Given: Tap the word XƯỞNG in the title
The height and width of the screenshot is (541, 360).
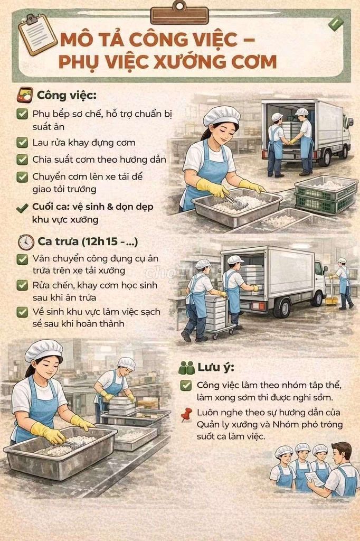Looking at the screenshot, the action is pos(191,61).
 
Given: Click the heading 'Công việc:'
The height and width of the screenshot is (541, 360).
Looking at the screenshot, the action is pos(67,95).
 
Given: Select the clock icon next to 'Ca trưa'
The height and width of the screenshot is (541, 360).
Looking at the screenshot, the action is pos(26,242).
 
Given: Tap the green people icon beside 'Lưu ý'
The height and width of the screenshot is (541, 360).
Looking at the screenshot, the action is pos(187,368).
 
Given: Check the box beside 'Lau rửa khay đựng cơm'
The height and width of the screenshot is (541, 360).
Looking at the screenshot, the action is pos(22,143).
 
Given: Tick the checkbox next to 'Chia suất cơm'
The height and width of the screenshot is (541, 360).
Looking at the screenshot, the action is pos(22,160).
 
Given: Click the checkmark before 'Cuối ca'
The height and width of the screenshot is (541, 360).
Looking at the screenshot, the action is pos(22,208).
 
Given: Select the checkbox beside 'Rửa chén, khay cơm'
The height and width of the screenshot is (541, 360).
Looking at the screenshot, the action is pos(22,285).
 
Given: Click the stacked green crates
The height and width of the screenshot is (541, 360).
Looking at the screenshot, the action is pos(326,194).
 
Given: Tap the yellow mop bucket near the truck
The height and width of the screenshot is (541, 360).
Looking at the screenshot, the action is pos(331,301).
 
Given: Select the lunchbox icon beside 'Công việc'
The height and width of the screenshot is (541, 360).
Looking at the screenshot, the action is pos(25,95).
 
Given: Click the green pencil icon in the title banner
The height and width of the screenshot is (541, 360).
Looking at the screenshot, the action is pos(336,23).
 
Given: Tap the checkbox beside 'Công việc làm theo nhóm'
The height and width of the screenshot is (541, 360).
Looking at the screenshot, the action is pos(186,385).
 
